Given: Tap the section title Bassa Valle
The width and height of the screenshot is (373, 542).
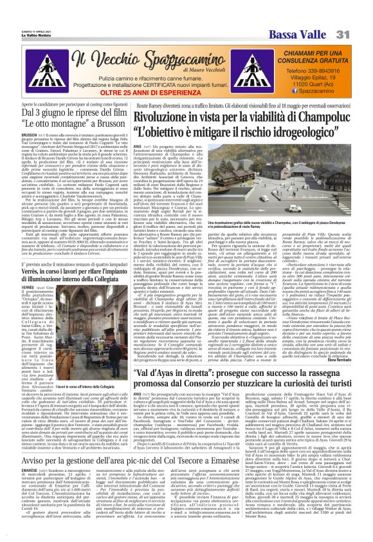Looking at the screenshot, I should point(306,15).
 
